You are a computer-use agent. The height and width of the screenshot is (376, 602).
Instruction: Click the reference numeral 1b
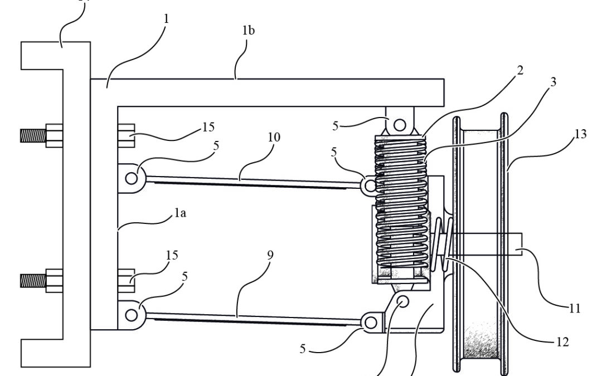(x=249, y=31)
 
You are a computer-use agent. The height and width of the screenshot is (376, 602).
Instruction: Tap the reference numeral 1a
(x=180, y=213)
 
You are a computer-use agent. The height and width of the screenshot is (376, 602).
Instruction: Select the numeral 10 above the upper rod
(x=274, y=137)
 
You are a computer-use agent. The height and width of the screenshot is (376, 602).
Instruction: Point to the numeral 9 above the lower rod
(x=270, y=255)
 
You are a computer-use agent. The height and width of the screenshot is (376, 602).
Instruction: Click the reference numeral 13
(x=580, y=134)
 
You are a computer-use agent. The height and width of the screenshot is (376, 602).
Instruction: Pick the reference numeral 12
(x=562, y=342)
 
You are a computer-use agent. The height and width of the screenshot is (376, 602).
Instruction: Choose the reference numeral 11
(x=574, y=308)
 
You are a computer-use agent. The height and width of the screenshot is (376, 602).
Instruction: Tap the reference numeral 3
(x=553, y=82)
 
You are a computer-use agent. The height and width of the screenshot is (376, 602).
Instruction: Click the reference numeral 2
(x=520, y=71)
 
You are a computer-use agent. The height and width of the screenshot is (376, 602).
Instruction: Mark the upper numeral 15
(x=208, y=127)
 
